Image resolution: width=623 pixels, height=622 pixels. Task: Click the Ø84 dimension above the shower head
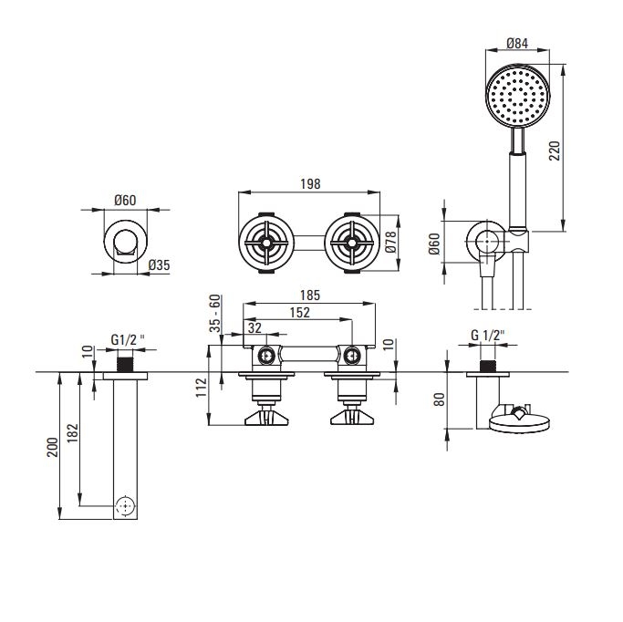click(x=517, y=42)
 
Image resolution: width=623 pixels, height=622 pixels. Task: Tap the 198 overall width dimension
click(x=310, y=183)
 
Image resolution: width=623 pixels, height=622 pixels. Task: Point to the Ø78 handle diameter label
click(x=389, y=243)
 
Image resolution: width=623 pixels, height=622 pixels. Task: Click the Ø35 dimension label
click(x=159, y=265)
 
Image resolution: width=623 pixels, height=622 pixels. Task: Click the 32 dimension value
click(x=254, y=328)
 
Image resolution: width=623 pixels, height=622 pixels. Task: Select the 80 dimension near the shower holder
click(x=440, y=399)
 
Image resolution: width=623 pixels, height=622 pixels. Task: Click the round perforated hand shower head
click(x=517, y=95)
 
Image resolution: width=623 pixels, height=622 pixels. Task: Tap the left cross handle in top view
click(x=267, y=244)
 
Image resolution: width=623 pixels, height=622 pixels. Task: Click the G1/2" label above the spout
click(x=127, y=340)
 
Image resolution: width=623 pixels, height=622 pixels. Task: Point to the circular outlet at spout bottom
click(x=126, y=505)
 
